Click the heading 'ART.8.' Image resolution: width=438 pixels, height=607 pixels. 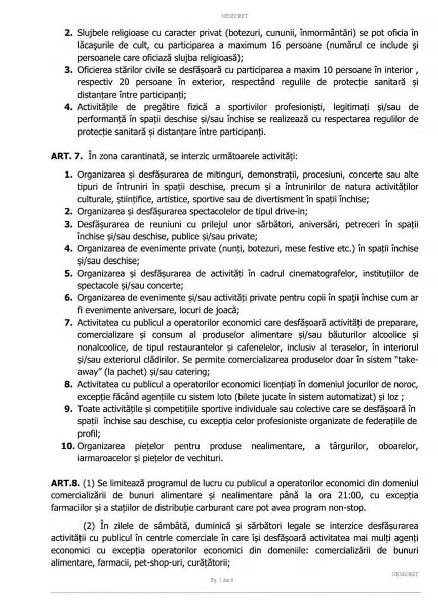coord(65,483)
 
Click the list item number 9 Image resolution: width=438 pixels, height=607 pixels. coord(68,408)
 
